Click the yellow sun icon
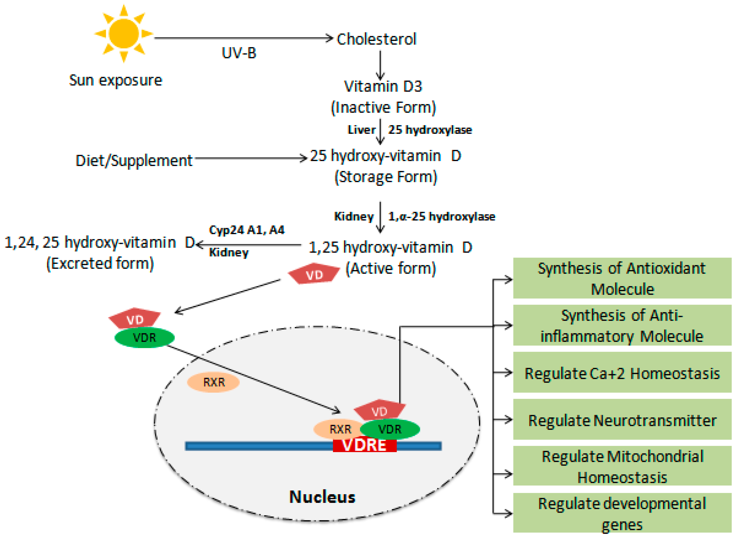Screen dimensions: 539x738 click(124, 34)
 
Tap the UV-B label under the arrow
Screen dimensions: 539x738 click(239, 53)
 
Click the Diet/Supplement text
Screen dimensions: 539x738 click(134, 161)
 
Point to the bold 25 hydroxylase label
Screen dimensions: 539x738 click(430, 130)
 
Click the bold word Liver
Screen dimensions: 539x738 click(361, 130)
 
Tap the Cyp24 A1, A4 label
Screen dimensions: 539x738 click(246, 230)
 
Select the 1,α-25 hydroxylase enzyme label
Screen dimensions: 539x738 click(441, 217)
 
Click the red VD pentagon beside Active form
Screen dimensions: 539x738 click(314, 274)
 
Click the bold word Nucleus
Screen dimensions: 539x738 click(322, 497)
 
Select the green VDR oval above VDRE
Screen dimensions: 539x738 click(390, 429)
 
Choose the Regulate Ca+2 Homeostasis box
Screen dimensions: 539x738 click(622, 373)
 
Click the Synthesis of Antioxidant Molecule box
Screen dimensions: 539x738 click(622, 278)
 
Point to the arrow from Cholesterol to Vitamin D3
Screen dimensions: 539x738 click(380, 65)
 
